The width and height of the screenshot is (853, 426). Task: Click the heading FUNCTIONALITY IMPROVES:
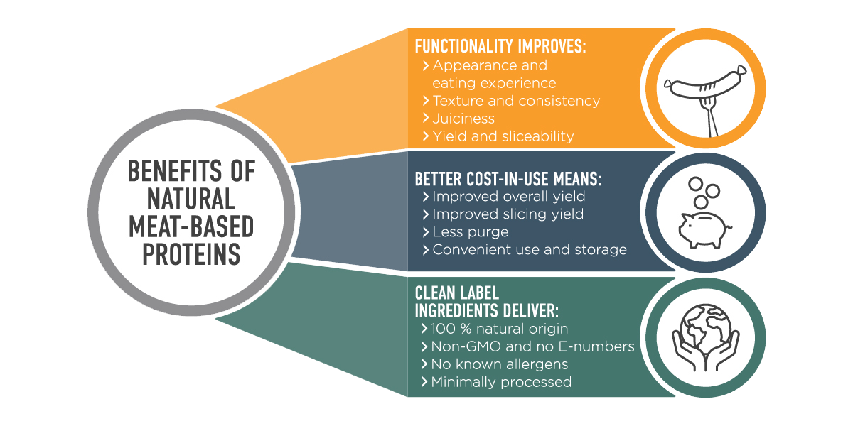(500, 47)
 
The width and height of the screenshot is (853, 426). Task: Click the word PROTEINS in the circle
(191, 254)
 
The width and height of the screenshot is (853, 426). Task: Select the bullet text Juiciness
(463, 119)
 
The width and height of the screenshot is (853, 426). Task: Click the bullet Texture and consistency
(515, 101)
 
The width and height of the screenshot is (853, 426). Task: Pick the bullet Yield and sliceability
(503, 136)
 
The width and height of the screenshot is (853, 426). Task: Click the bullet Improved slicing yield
(508, 214)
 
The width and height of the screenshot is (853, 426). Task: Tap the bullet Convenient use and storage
(529, 250)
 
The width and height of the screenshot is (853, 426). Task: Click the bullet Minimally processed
(500, 382)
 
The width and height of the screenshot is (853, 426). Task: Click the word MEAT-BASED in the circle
(191, 226)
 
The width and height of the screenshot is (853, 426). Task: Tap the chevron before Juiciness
(425, 119)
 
